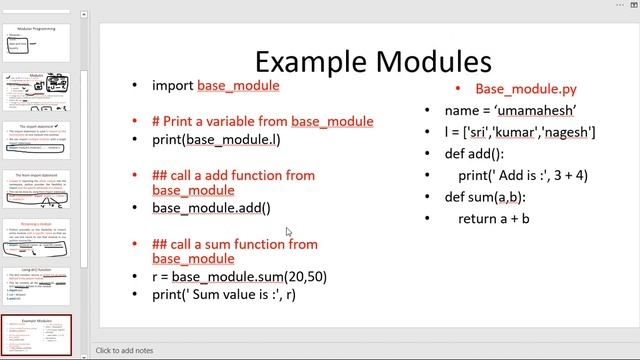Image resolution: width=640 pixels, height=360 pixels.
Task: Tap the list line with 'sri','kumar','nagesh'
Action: click(x=520, y=131)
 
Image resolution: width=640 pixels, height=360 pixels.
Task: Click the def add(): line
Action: click(x=474, y=153)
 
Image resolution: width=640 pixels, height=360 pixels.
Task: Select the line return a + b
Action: click(x=494, y=218)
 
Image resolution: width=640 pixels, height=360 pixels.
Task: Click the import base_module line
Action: click(x=215, y=86)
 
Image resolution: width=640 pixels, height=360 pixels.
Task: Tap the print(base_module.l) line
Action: click(x=216, y=139)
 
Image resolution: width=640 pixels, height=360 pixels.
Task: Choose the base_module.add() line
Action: click(x=211, y=208)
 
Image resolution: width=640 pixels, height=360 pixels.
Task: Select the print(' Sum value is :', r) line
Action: click(x=224, y=294)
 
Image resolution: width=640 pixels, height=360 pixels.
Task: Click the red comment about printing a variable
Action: click(x=262, y=121)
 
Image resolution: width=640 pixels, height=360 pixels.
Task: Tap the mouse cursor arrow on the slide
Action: click(x=288, y=232)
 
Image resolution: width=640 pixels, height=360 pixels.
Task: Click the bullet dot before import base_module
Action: click(x=136, y=86)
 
